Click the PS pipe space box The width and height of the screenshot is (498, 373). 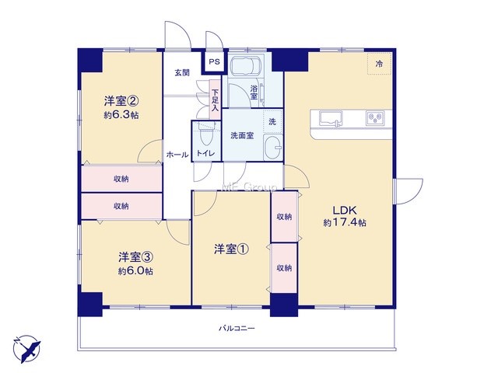click(215, 62)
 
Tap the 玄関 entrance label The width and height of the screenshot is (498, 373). click(182, 72)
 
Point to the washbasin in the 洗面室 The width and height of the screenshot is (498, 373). click(272, 147)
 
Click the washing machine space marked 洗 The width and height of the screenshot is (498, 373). click(272, 121)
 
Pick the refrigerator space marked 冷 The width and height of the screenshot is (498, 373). click(379, 64)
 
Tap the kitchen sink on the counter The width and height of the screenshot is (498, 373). click(330, 118)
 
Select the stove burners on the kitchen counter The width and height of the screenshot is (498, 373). click(375, 118)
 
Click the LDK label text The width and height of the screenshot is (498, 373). click(345, 210)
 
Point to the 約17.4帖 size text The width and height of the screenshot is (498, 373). click(345, 223)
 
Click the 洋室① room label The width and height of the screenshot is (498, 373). click(231, 249)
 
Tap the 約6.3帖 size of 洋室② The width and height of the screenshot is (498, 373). click(121, 115)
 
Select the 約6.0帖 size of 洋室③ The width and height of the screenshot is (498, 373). click(135, 271)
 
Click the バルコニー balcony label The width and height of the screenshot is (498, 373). click(237, 328)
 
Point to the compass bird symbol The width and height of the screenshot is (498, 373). click(26, 349)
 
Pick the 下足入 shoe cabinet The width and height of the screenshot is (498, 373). click(215, 100)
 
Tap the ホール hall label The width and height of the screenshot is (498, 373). click(177, 155)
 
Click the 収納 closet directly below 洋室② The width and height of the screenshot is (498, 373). click(121, 179)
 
